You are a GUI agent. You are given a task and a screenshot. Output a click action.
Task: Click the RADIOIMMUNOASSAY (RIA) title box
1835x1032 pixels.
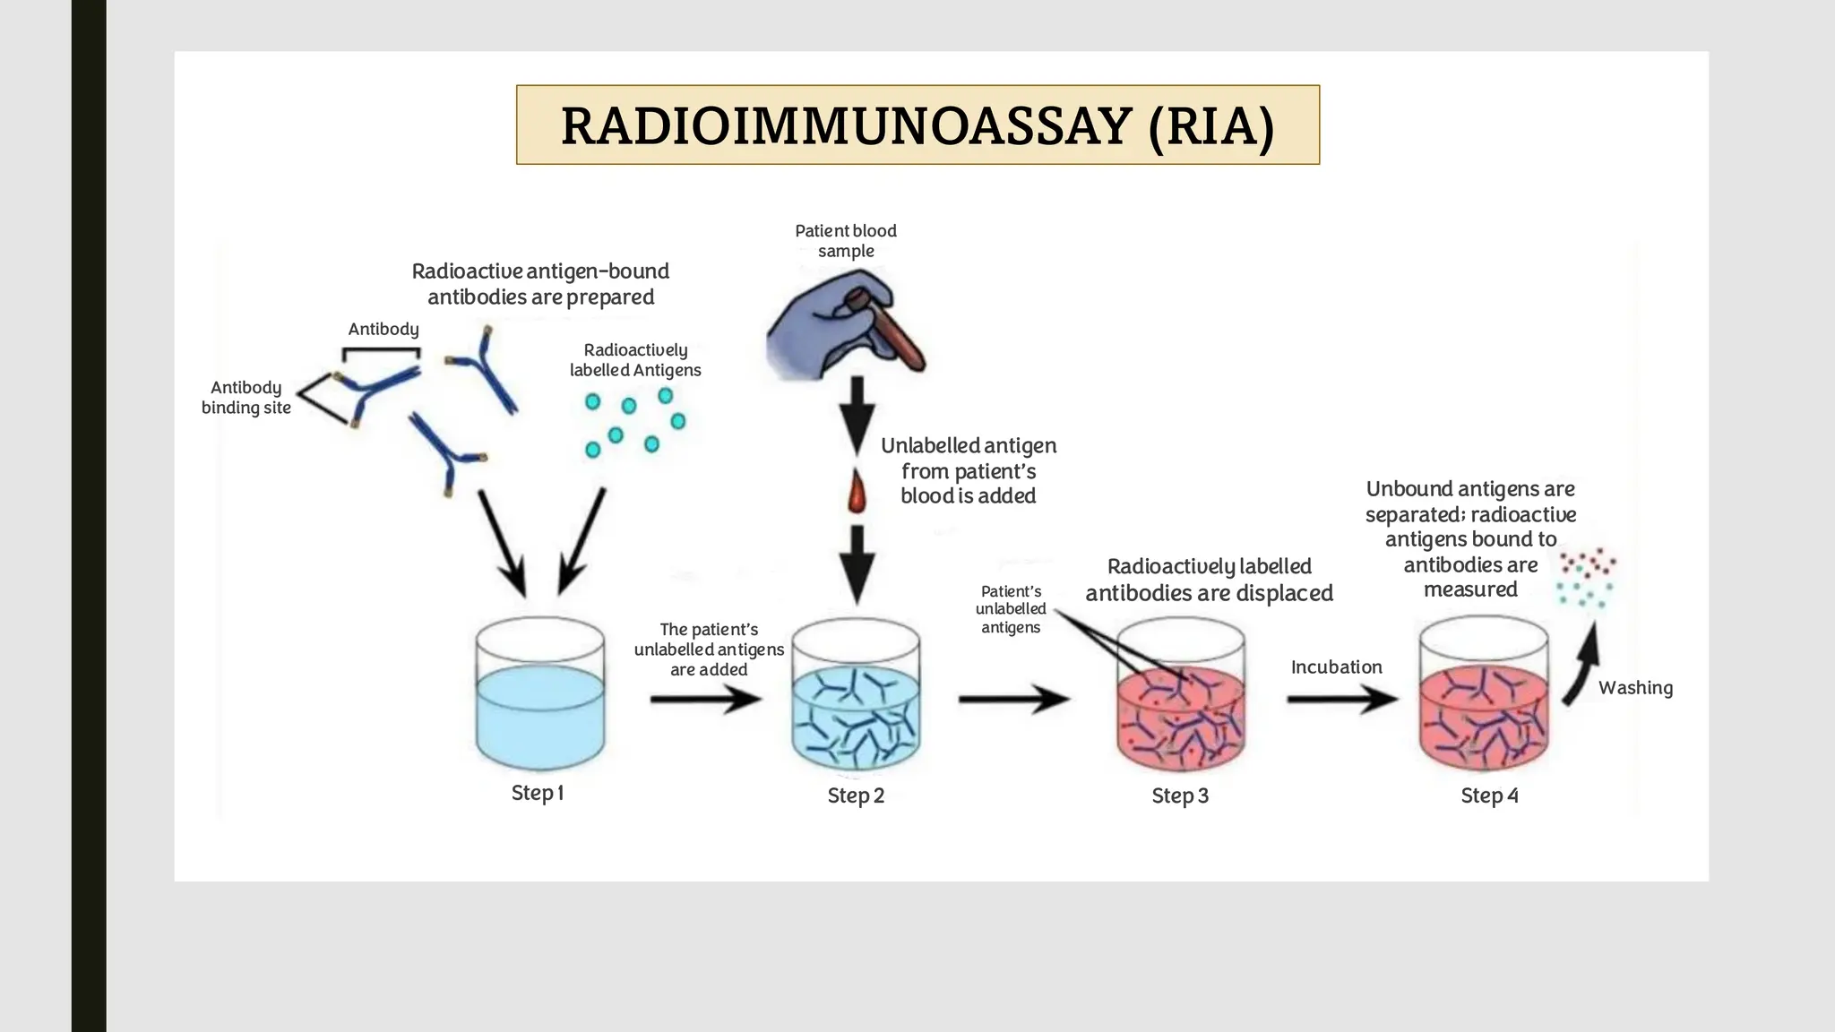pyautogui.click(x=917, y=125)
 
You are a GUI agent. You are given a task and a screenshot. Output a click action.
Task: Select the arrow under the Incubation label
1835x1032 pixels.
pyautogui.click(x=1341, y=699)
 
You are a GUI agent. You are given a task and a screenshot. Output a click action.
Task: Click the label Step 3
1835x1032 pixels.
pyautogui.click(x=1179, y=795)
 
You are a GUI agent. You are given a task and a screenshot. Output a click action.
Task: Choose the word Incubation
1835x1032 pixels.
pyautogui.click(x=1336, y=667)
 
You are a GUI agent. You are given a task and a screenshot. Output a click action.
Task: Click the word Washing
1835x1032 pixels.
pyautogui.click(x=1635, y=688)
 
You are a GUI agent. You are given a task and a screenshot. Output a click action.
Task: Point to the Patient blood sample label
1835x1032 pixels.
pyautogui.click(x=846, y=241)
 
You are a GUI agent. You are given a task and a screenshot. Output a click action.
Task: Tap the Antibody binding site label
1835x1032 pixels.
pyautogui.click(x=246, y=398)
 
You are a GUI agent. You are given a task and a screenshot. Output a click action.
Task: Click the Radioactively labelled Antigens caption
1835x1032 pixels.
pyautogui.click(x=635, y=360)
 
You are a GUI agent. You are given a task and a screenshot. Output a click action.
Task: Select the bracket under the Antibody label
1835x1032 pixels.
pyautogui.click(x=382, y=352)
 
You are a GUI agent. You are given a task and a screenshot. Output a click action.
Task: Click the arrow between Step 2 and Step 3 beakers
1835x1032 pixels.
pyautogui.click(x=1013, y=699)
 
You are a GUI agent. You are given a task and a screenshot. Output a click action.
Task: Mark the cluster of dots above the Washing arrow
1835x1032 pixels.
pyautogui.click(x=1586, y=578)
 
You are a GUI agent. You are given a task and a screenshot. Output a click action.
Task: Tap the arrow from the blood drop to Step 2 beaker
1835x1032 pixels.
pyautogui.click(x=857, y=563)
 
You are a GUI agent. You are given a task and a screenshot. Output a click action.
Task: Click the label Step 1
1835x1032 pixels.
pyautogui.click(x=537, y=793)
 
